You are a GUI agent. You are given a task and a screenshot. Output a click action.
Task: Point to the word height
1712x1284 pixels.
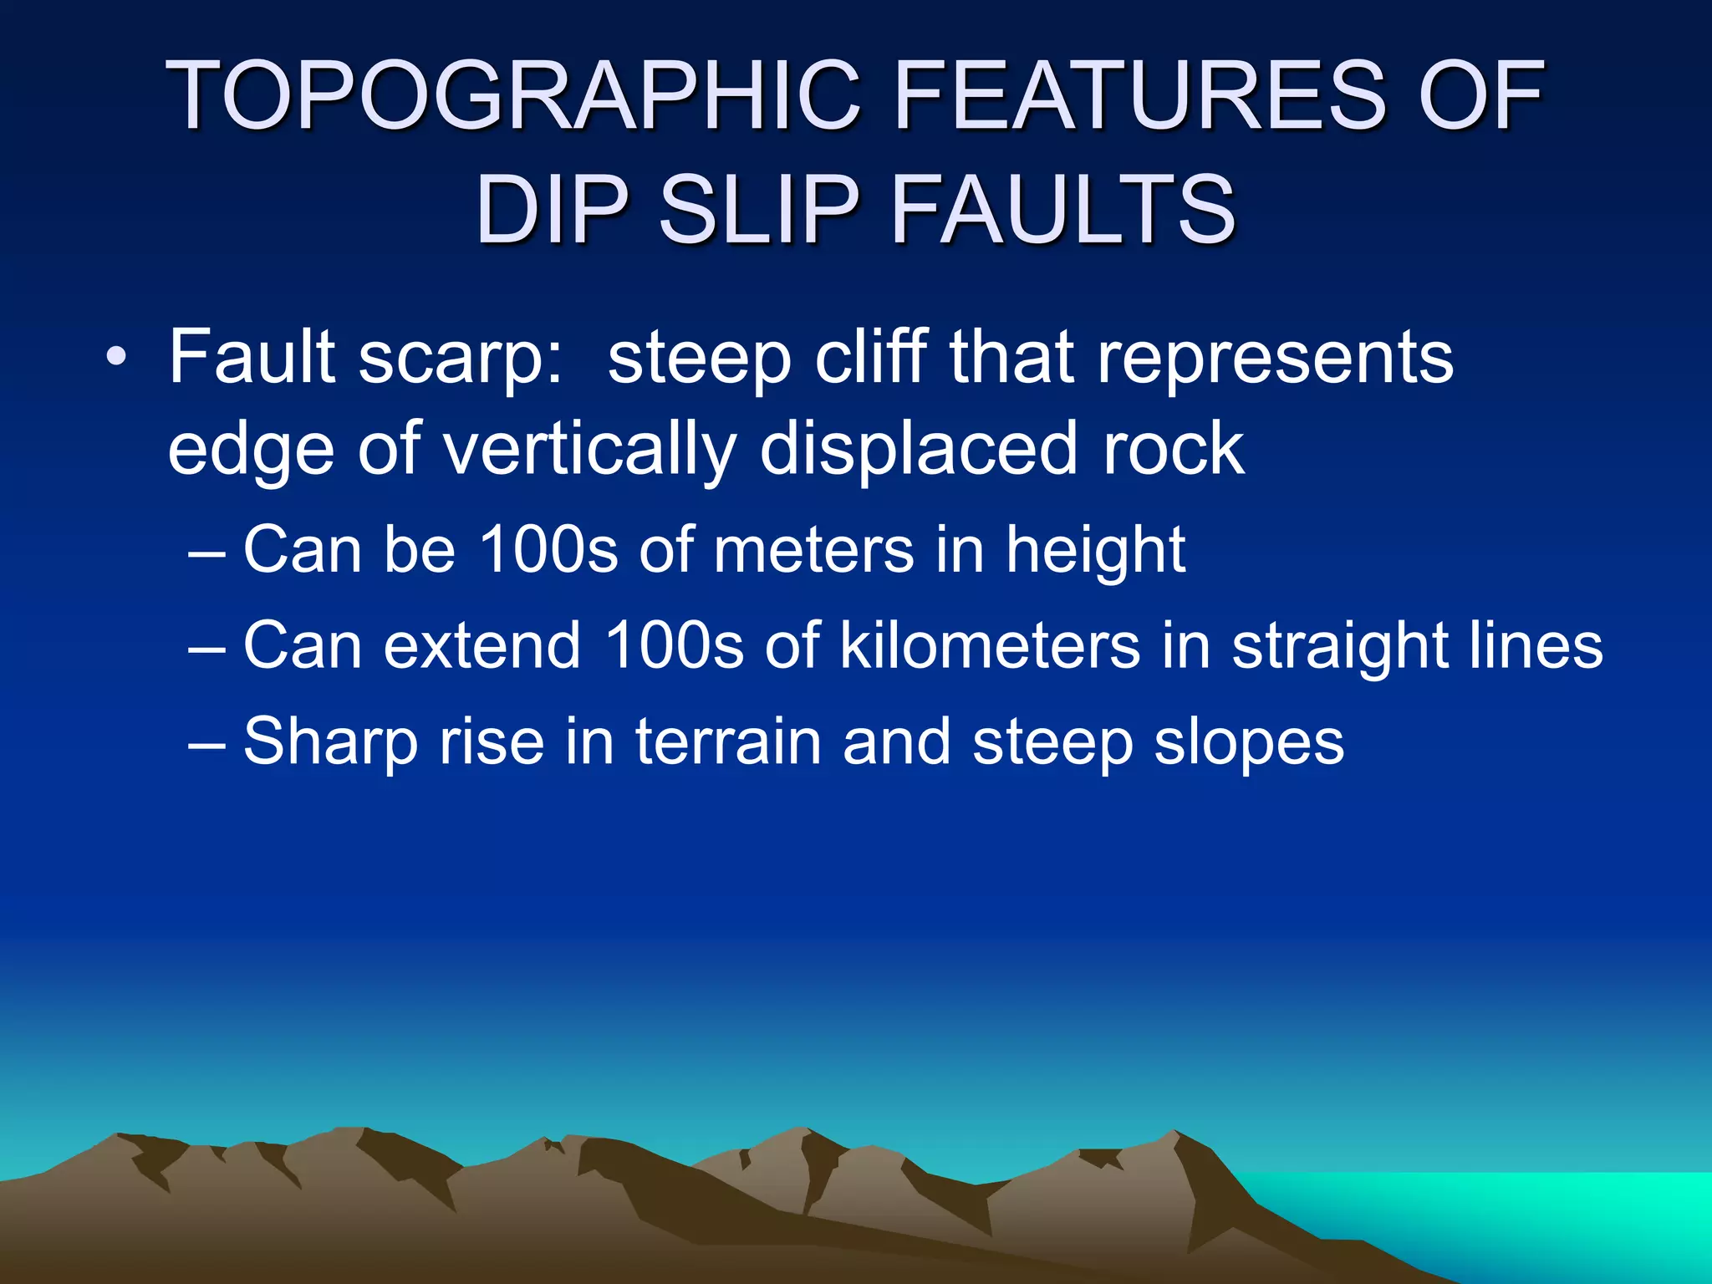pyautogui.click(x=1095, y=552)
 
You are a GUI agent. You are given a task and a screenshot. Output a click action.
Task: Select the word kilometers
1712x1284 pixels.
pyautogui.click(x=990, y=645)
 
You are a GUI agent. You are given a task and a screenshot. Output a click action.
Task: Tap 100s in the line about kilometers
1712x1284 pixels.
pyautogui.click(x=673, y=645)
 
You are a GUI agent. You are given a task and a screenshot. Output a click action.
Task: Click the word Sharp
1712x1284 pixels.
pyautogui.click(x=330, y=743)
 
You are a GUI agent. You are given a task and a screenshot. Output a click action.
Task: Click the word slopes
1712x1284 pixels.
pyautogui.click(x=1249, y=743)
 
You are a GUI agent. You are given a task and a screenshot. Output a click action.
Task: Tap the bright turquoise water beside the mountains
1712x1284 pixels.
pyautogui.click(x=1505, y=1212)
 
